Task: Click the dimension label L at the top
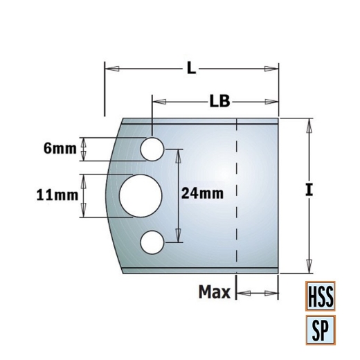pos(191,68)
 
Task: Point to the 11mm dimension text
pos(57,196)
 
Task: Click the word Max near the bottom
pos(214,293)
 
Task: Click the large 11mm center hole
pos(138,196)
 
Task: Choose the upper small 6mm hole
pos(152,148)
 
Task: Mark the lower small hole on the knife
pos(152,242)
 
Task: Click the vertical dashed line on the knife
pos(236,194)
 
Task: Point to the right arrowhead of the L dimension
pos(272,68)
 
